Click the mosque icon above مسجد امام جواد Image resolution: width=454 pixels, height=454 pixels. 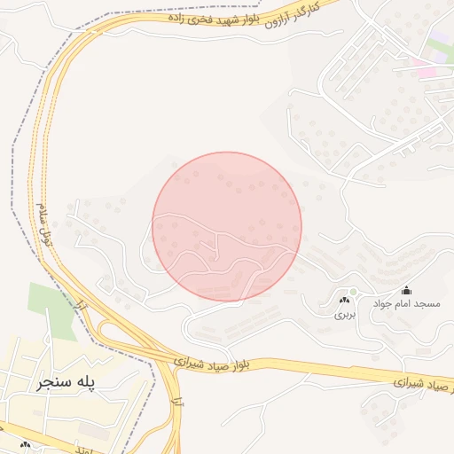407,289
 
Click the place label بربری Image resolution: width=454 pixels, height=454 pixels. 344,314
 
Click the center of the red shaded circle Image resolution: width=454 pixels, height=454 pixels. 227,227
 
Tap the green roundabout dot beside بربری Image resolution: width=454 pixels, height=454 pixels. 352,292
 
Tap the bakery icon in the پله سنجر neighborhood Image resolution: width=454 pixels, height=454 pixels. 25,444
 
